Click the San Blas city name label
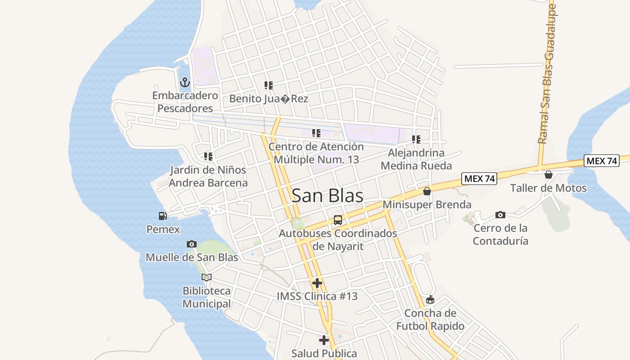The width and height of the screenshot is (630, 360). point(327,196)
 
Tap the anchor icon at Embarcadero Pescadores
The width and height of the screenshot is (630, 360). point(184,83)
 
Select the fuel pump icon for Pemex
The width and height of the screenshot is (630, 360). point(162,216)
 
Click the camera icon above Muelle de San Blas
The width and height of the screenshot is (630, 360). point(191,244)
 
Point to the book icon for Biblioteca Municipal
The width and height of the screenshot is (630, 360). point(206,277)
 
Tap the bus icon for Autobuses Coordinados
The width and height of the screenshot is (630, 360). point(337,220)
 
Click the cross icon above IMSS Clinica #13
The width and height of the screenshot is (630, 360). point(317,283)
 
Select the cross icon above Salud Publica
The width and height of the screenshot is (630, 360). point(324,340)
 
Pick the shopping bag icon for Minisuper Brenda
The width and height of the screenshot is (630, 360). point(427,192)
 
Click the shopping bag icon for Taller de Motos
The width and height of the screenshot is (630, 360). point(548,175)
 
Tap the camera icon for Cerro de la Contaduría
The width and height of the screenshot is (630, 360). point(500,215)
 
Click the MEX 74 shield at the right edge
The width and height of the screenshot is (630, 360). point(602,161)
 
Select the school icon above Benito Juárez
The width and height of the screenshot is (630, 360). point(269,85)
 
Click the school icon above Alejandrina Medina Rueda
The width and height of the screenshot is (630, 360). point(416,139)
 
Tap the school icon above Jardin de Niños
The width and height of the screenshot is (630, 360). point(208,157)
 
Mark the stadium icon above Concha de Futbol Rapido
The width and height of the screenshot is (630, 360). point(430,300)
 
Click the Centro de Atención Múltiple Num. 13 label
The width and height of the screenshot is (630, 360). point(316,153)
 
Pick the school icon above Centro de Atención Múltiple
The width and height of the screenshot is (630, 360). point(316,133)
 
